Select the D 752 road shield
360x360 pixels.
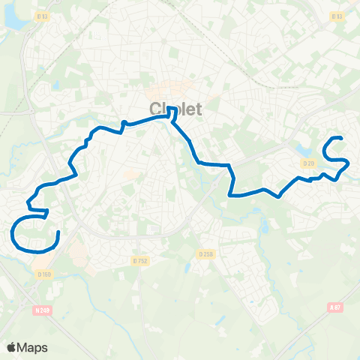pos(139,260)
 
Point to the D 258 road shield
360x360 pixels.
pos(207,254)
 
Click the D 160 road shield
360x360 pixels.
pos(44,274)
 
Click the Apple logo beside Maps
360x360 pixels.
pos(12,347)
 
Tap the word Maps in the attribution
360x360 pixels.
pos(34,347)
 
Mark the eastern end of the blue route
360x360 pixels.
pos(341,139)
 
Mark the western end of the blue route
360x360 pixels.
pos(58,233)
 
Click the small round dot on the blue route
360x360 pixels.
pos(124,121)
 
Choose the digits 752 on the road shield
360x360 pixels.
pos(142,260)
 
